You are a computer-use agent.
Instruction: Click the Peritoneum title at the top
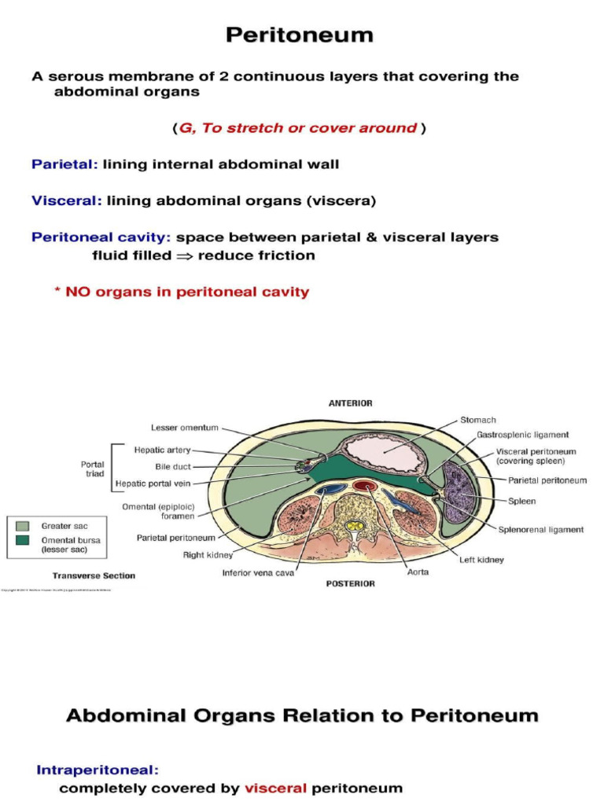coord(300,35)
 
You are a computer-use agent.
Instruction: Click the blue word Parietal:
coord(64,164)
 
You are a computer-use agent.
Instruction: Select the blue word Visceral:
coord(67,200)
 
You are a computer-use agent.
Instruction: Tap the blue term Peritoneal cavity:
coord(101,237)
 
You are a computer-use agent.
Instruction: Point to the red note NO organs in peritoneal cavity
coord(182,292)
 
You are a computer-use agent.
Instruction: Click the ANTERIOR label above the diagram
coord(350,403)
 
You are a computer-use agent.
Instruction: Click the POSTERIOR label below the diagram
coord(350,584)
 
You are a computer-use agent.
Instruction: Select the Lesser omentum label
coord(185,428)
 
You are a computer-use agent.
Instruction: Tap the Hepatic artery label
coord(162,450)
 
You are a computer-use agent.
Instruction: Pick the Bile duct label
coord(173,466)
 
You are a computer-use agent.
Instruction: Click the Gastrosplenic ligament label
coord(522,435)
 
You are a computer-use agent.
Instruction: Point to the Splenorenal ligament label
coord(541,530)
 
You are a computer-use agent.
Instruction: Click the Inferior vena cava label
coord(258,572)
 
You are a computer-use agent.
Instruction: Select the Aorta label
coord(418,572)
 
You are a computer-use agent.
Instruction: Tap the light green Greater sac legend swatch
coord(22,525)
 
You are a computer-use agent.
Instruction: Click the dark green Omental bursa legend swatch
coord(22,540)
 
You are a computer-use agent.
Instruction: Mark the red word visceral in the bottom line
coord(275,788)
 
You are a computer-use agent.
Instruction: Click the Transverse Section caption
coord(94,575)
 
